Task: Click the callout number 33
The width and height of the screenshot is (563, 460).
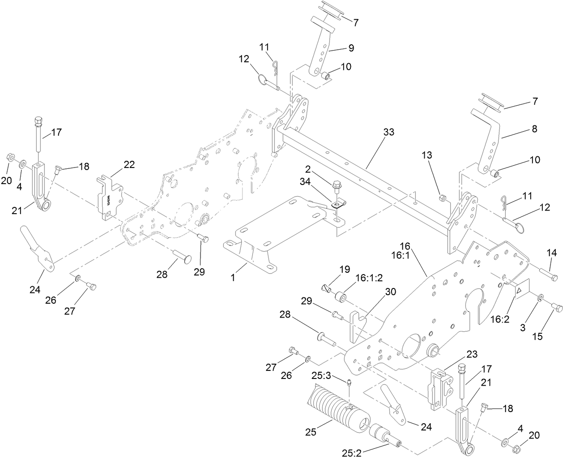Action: [x=389, y=133]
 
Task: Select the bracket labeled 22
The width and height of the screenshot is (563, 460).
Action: [x=110, y=197]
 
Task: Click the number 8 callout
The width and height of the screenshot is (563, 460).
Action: [x=534, y=129]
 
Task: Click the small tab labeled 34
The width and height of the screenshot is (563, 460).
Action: [x=334, y=205]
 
